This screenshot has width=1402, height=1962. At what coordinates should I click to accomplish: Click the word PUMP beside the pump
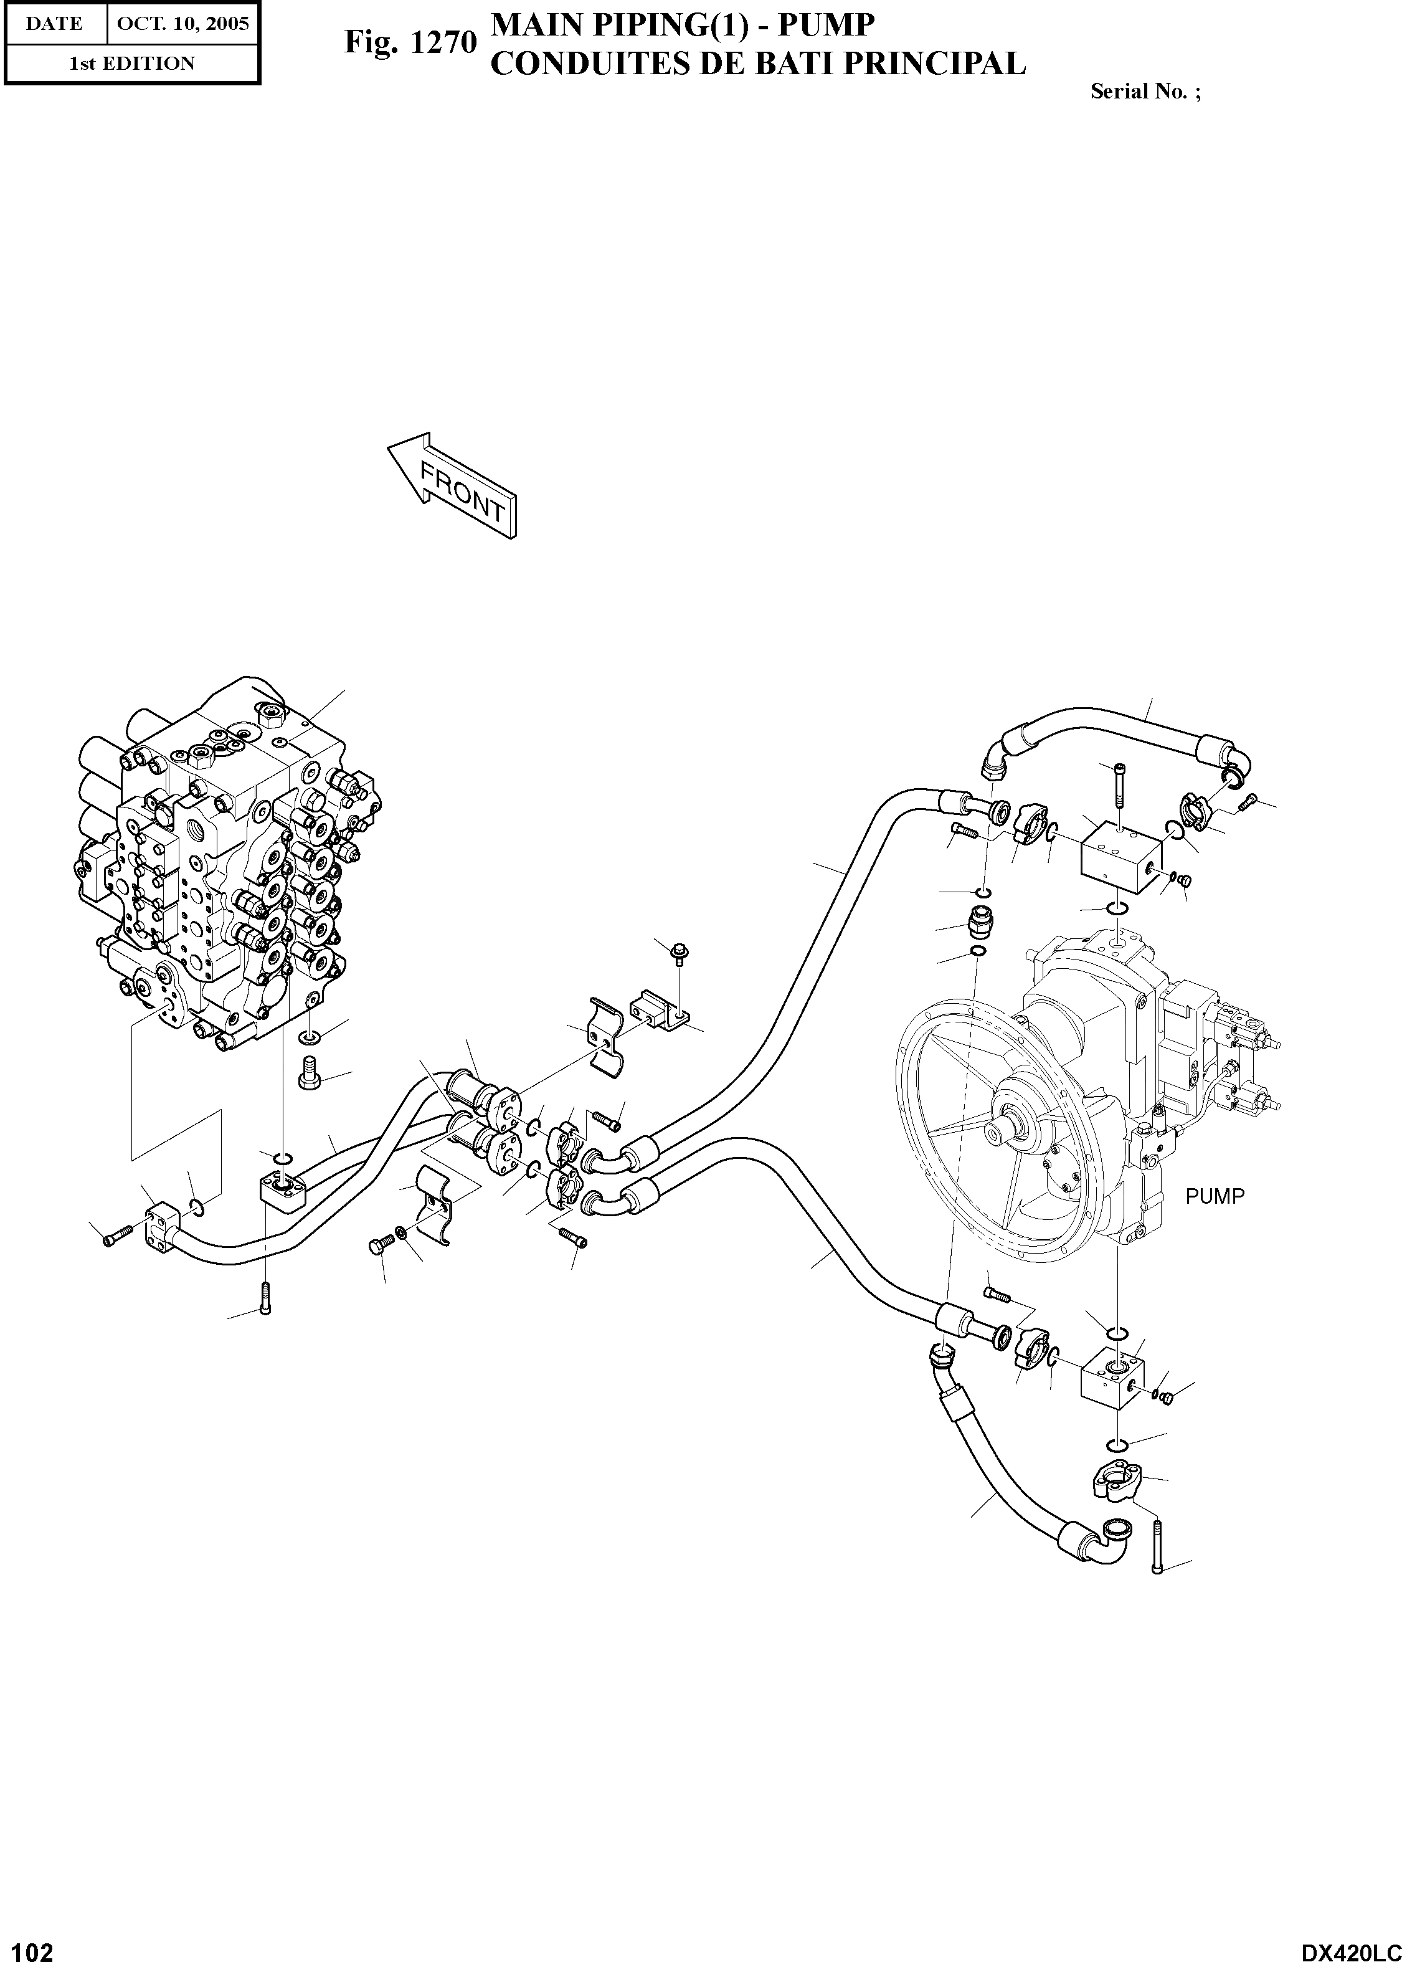tap(1215, 1196)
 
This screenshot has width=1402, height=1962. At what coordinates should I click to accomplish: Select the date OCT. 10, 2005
tap(182, 23)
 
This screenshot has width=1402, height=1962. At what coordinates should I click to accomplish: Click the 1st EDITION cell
tap(131, 63)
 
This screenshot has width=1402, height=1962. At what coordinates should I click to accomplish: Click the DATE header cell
tap(54, 23)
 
